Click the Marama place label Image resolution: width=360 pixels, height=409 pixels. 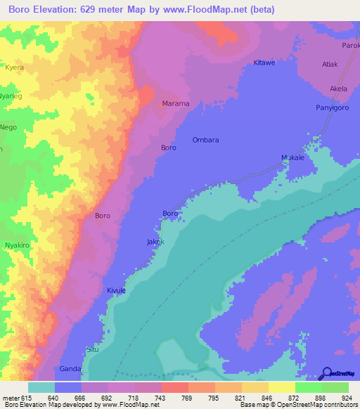point(176,103)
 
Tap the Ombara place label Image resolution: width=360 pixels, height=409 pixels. point(206,140)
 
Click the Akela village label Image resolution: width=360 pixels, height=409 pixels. point(338,89)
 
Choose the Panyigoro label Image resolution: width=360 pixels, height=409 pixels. point(331,108)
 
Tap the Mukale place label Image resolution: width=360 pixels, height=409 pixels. point(292,158)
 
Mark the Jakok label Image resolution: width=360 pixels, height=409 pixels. point(155,242)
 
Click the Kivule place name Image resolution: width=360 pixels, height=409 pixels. point(116,290)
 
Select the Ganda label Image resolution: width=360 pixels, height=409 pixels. point(70,368)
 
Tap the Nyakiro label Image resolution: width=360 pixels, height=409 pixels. point(16,245)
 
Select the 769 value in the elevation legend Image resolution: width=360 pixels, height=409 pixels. point(176,397)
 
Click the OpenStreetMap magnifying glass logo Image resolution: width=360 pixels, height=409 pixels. point(326,373)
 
